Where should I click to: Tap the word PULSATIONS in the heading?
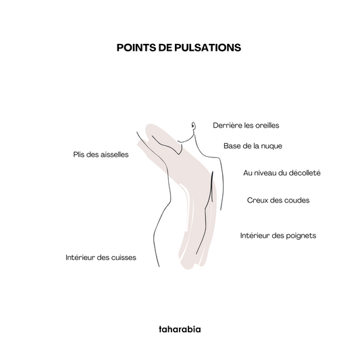207,47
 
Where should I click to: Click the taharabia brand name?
180,329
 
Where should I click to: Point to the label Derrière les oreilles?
246,126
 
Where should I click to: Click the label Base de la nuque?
253,146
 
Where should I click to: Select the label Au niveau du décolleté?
282,173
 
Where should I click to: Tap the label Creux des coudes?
278,200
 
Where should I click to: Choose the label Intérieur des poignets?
278,236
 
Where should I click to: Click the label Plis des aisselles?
101,155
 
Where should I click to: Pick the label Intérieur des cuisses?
101,257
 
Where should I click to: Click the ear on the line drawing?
194,126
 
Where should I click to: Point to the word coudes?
297,200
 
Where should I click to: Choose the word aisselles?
115,155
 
